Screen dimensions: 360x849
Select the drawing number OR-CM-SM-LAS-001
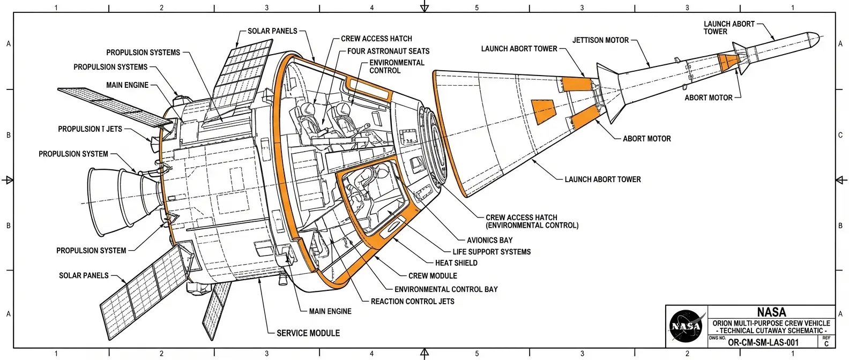click(763, 343)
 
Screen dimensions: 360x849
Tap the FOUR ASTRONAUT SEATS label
click(388, 51)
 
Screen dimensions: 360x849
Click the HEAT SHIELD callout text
click(456, 263)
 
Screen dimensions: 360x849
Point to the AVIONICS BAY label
click(489, 241)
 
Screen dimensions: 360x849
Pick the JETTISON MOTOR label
click(600, 40)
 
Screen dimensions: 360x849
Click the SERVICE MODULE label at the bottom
click(308, 333)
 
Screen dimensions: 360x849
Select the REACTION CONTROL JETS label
click(412, 302)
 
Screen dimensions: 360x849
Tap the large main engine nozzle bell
click(107, 196)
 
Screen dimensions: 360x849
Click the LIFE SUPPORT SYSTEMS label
click(491, 252)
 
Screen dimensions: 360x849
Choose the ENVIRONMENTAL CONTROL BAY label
click(446, 289)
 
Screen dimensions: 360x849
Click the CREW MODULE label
click(433, 276)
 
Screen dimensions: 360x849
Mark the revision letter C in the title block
click(826, 344)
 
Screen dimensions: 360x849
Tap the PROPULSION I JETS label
click(90, 129)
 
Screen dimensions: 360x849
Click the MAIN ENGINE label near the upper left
click(127, 85)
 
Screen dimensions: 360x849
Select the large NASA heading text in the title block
click(771, 312)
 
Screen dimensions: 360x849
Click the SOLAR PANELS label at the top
click(272, 31)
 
